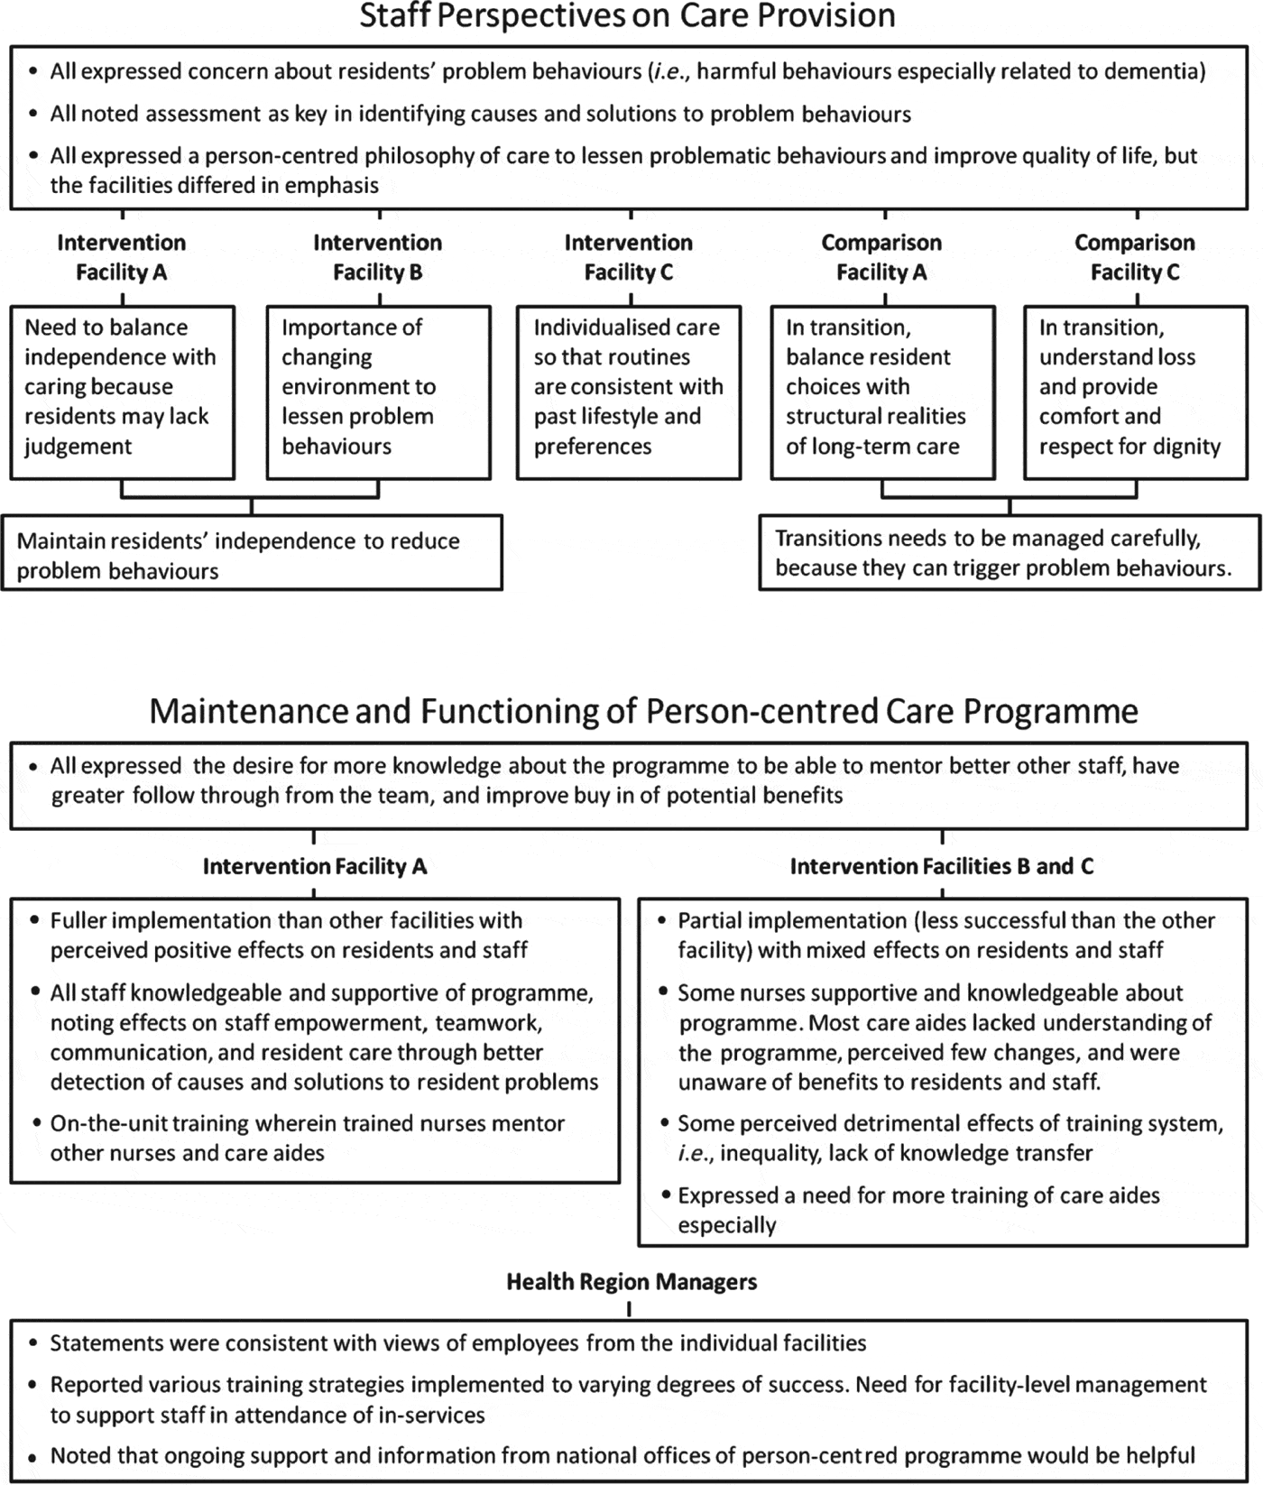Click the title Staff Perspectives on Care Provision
[x=627, y=16]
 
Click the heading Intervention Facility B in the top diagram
[x=377, y=257]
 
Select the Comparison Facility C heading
[x=1135, y=257]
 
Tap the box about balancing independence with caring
[x=122, y=388]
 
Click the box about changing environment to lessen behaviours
[x=378, y=388]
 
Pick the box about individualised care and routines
[x=628, y=388]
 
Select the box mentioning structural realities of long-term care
[x=882, y=388]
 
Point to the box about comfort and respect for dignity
[x=1135, y=388]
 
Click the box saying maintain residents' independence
[x=251, y=555]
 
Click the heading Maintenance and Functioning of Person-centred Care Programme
[x=643, y=712]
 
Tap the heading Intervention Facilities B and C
[x=942, y=867]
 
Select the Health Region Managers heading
[x=631, y=1282]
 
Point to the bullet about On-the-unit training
[x=307, y=1138]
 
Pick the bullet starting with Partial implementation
[x=945, y=935]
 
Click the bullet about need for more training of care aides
[x=918, y=1210]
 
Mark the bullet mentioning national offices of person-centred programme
[x=622, y=1455]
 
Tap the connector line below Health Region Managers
[x=629, y=1308]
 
